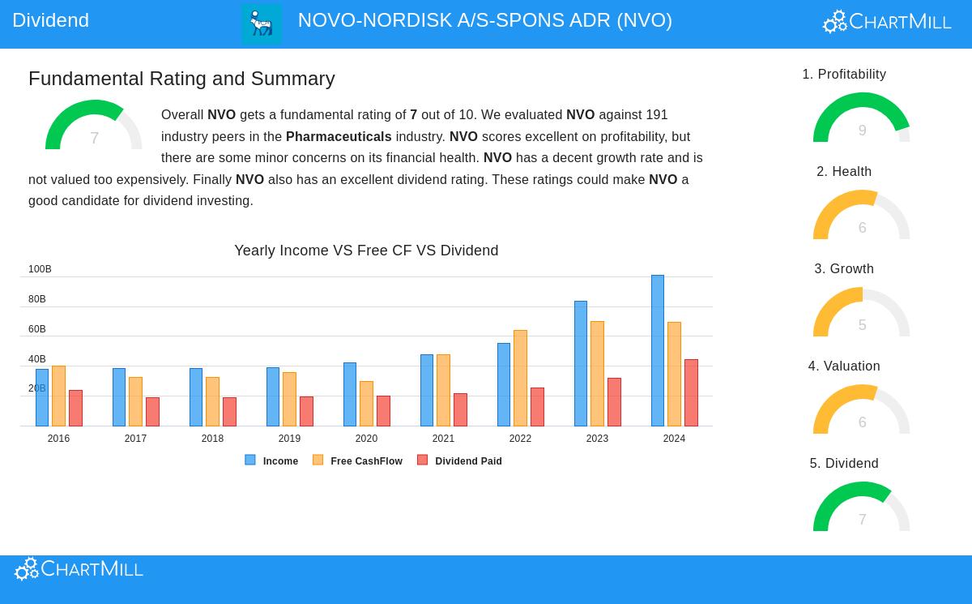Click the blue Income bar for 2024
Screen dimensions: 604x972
pyautogui.click(x=657, y=350)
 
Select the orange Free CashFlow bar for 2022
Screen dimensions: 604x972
pyautogui.click(x=520, y=378)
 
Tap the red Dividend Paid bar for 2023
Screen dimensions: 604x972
pyautogui.click(x=614, y=402)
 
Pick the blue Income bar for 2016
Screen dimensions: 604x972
pyautogui.click(x=42, y=397)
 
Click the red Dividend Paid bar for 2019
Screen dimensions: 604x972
pyautogui.click(x=306, y=411)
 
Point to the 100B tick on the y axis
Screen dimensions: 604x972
pyautogui.click(x=40, y=269)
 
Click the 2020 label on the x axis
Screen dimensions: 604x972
pyautogui.click(x=366, y=439)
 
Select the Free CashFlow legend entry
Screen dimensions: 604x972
pyautogui.click(x=357, y=460)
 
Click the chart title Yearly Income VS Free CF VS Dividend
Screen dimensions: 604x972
pyautogui.click(x=366, y=251)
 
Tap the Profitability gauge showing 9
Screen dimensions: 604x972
pyautogui.click(x=861, y=119)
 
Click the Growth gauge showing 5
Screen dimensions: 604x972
pyautogui.click(x=861, y=314)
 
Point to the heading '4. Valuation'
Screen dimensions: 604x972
pyautogui.click(x=844, y=366)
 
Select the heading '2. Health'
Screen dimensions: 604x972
pyautogui.click(x=844, y=172)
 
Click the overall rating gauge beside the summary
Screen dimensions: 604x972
pyautogui.click(x=93, y=126)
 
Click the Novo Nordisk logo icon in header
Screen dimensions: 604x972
pyautogui.click(x=262, y=24)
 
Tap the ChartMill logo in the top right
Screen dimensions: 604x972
pyautogui.click(x=887, y=22)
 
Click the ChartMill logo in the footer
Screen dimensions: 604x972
pyautogui.click(x=79, y=569)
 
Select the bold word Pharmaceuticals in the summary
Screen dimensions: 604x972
pyautogui.click(x=339, y=137)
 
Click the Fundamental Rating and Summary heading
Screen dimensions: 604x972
pyautogui.click(x=181, y=79)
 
